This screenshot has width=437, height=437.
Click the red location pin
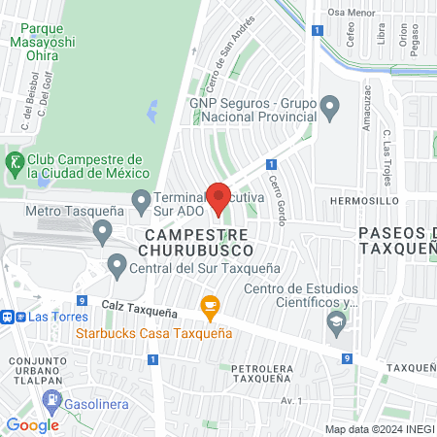point(218,198)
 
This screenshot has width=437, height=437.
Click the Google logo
point(32,425)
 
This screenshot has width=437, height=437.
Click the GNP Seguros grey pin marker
point(330,106)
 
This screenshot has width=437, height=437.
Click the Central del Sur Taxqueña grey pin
point(118,264)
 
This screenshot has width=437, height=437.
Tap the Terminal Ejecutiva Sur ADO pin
point(141,202)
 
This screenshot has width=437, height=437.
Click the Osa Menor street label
point(351,12)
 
